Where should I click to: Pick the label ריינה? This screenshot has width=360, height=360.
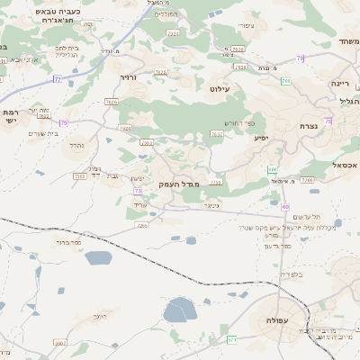coord(339,83)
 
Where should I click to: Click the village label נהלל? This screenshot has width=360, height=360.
coord(76,144)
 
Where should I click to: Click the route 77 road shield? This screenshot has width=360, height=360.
coord(58,79)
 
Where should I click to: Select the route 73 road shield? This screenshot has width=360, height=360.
coord(138,191)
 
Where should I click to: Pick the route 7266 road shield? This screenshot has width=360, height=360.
coord(307,180)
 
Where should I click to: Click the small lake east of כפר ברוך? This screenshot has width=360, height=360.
coord(98,258)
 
